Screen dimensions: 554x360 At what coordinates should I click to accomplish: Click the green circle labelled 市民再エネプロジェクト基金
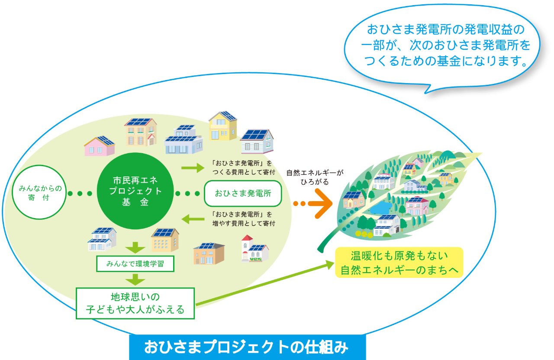click(135, 191)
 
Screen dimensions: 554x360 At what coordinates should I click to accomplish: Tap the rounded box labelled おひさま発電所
click(243, 193)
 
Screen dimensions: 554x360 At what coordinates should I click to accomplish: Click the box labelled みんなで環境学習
click(135, 264)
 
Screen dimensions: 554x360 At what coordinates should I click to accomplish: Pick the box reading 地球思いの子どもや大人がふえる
click(135, 303)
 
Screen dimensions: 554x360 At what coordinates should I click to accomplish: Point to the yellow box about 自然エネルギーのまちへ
click(399, 262)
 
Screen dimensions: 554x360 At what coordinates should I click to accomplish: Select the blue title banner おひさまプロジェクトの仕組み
click(247, 347)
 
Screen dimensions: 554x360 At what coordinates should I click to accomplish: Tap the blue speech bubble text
click(445, 45)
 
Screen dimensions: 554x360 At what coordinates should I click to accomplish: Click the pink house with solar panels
click(100, 146)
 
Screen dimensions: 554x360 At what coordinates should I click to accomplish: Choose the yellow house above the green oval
click(223, 126)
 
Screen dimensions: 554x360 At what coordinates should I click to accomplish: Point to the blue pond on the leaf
click(380, 208)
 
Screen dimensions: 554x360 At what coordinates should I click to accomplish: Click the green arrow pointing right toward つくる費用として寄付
click(193, 168)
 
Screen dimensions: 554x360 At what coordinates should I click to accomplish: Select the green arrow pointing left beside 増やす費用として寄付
click(193, 219)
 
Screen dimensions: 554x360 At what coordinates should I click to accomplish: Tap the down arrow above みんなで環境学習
click(135, 247)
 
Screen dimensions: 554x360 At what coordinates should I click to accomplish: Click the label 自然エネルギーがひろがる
click(315, 177)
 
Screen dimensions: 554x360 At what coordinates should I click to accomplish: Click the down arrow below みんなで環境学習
click(135, 280)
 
